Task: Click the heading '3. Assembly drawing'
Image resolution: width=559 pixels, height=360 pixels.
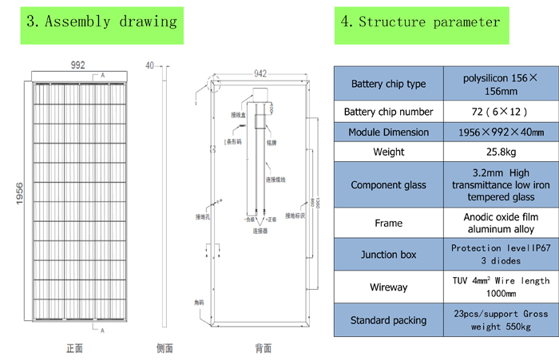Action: [101, 22]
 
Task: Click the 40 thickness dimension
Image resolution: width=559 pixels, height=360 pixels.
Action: [151, 65]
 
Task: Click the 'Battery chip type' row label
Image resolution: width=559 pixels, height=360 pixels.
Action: [388, 84]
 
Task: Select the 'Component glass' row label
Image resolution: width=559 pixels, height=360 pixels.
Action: [388, 185]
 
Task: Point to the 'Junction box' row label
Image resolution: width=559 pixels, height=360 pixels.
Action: [388, 255]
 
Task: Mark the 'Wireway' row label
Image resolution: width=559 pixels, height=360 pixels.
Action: [388, 287]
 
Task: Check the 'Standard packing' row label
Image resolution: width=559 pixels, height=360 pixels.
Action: [388, 320]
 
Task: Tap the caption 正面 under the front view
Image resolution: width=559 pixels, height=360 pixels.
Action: [74, 348]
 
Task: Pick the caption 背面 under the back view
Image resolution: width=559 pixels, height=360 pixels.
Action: [263, 348]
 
